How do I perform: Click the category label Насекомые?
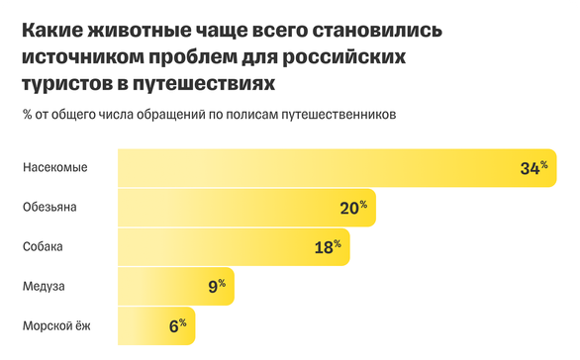pyautogui.click(x=55, y=167)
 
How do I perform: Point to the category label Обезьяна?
pyautogui.click(x=51, y=208)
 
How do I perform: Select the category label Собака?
pyautogui.click(x=45, y=247)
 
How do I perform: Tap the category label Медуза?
pyautogui.click(x=45, y=287)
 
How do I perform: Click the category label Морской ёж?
pyautogui.click(x=56, y=325)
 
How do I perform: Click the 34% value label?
pyautogui.click(x=532, y=168)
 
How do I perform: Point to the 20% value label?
pyautogui.click(x=352, y=208)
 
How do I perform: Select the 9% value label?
pyautogui.click(x=217, y=287)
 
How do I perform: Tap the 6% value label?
pyautogui.click(x=177, y=325)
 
